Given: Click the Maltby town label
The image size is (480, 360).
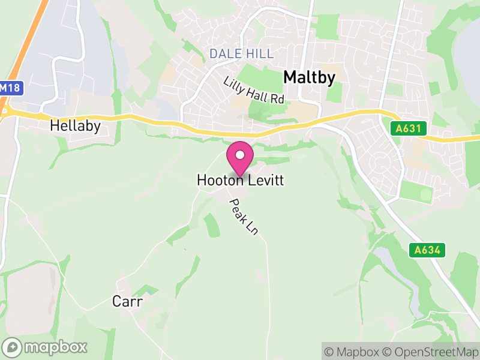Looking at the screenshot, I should [x=308, y=77].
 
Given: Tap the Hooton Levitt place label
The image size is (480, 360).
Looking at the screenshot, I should [x=240, y=180].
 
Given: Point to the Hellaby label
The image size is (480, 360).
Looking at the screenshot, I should [x=75, y=126].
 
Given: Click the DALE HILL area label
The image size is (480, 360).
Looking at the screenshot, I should [x=241, y=54].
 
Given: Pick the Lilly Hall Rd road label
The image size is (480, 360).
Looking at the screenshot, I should [x=254, y=91].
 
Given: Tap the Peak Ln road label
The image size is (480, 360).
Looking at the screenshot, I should [x=244, y=217].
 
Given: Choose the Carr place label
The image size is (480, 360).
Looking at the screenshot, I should [x=127, y=301].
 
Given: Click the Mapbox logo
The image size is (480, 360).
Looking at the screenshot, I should [x=45, y=347].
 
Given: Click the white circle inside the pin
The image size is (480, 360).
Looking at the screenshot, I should [x=240, y=155].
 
